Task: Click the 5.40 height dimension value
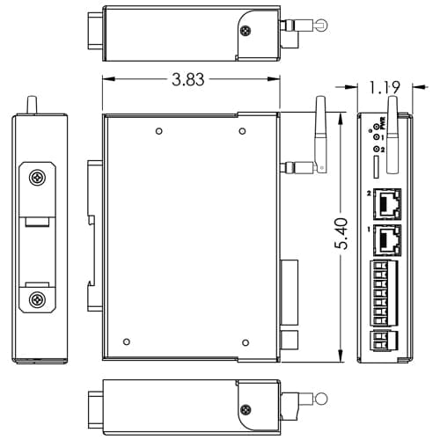tap(341, 235)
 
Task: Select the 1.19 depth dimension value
tap(385, 87)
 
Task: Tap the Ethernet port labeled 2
tap(387, 206)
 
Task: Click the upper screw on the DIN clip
tap(37, 178)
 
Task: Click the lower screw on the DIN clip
tap(37, 300)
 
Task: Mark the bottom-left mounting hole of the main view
tap(128, 341)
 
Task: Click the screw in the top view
tap(245, 32)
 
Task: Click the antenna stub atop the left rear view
tap(32, 105)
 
